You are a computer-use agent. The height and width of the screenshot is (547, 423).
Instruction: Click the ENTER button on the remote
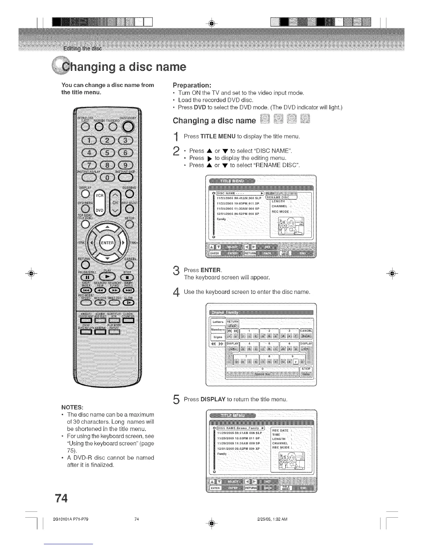[107, 243]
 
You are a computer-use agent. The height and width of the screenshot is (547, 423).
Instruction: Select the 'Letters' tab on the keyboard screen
[218, 322]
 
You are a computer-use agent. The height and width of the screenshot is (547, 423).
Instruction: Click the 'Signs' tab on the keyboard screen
[218, 337]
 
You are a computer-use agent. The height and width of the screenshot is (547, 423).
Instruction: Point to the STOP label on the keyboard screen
[306, 369]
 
